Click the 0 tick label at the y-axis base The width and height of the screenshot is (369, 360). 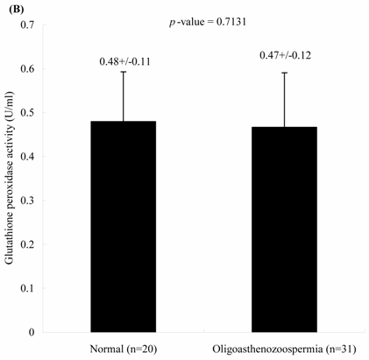(43, 331)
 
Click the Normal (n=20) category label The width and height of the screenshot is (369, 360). (124, 347)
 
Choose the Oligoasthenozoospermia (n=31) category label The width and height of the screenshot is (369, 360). (282, 347)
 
